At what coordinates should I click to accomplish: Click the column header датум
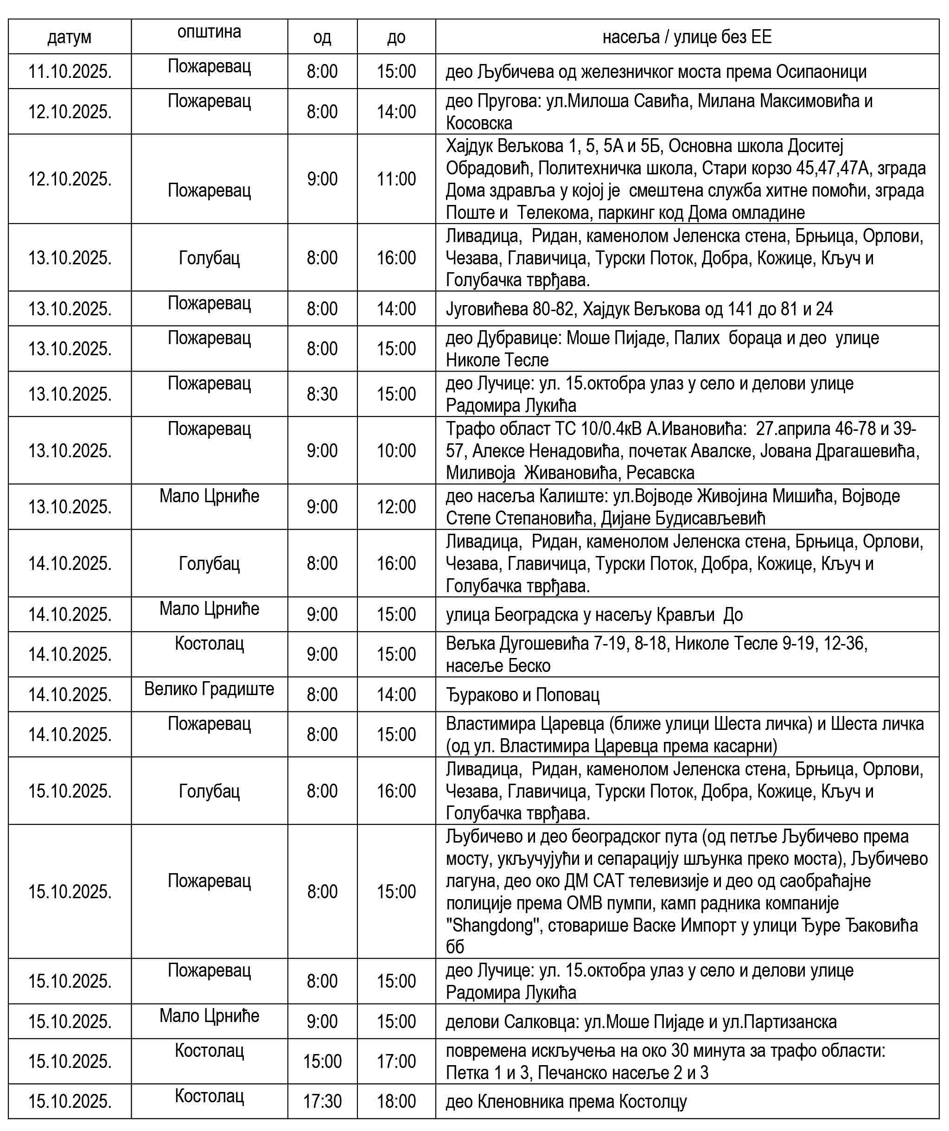click(x=70, y=37)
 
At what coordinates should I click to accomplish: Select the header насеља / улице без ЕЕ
click(x=687, y=37)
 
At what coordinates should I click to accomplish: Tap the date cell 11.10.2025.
click(x=70, y=71)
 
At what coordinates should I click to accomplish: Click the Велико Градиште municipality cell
click(x=209, y=689)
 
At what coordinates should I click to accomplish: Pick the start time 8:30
click(x=322, y=394)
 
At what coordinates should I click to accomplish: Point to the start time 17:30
click(x=322, y=1101)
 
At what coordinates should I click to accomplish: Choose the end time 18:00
click(x=396, y=1101)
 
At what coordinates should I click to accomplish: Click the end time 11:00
click(x=396, y=179)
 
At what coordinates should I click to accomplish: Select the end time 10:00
click(x=396, y=450)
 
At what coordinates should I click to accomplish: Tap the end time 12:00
click(x=396, y=507)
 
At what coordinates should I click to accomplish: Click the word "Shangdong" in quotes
click(x=493, y=925)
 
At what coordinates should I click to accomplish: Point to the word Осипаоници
click(x=821, y=71)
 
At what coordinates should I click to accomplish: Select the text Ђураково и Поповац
click(x=522, y=695)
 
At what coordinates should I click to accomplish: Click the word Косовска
click(x=479, y=123)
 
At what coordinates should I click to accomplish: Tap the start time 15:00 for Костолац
click(x=322, y=1061)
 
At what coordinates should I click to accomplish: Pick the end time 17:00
click(x=396, y=1061)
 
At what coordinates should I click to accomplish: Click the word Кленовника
click(x=520, y=1102)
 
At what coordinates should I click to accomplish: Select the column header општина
click(x=209, y=32)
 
